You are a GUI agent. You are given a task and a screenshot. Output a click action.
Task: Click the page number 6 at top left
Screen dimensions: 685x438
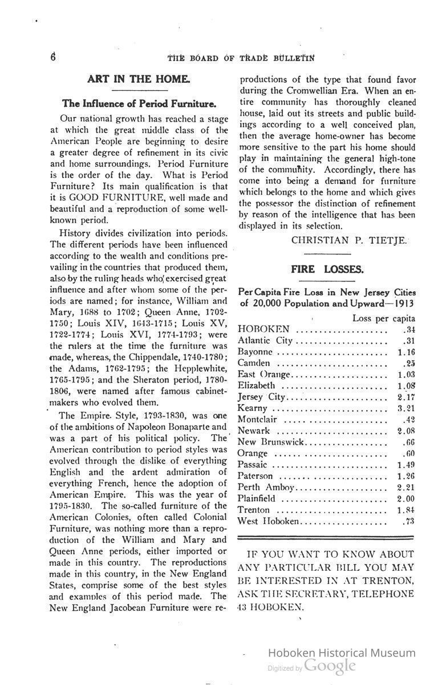(x=52, y=57)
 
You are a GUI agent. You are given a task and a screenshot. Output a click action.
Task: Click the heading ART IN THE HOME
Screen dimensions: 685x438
(x=131, y=79)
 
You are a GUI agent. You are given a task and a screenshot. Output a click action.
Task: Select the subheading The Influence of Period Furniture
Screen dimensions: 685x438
(x=139, y=104)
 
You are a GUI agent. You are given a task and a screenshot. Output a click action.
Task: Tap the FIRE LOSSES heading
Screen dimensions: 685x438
(x=327, y=269)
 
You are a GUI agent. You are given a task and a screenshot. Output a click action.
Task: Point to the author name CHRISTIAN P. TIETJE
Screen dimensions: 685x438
(x=349, y=240)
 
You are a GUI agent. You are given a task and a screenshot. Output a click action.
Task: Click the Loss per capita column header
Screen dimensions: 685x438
(x=383, y=319)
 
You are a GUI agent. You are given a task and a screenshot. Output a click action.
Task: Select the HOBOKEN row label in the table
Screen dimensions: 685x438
(x=263, y=329)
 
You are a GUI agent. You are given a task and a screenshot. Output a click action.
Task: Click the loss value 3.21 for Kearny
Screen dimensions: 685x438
(x=406, y=408)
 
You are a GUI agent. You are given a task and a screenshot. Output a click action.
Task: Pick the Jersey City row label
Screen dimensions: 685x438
(x=261, y=397)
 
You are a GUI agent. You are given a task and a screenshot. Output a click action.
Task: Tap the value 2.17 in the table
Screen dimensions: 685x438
(x=406, y=397)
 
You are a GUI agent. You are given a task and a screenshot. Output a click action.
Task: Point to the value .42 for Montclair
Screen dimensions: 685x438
(x=408, y=420)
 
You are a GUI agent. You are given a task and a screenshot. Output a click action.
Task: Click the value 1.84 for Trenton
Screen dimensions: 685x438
(x=406, y=510)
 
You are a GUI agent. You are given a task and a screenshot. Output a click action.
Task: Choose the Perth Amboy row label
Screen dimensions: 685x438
(x=266, y=487)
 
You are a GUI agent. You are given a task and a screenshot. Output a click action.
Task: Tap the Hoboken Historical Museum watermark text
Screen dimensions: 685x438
(x=342, y=653)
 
